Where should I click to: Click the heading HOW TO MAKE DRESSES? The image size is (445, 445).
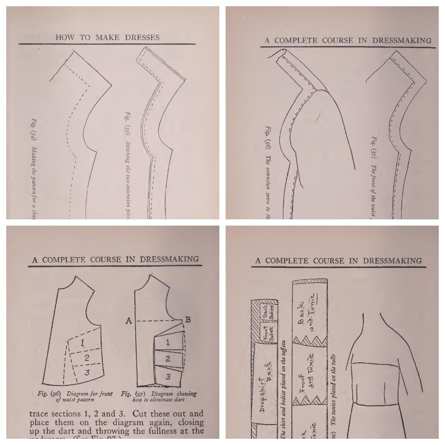click(107, 37)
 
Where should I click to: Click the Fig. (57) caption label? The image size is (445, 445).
click(374, 143)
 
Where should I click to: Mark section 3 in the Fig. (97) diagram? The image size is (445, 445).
click(167, 376)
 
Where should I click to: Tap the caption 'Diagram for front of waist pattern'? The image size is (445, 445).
click(73, 396)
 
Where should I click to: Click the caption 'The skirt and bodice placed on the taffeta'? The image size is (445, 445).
click(283, 392)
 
